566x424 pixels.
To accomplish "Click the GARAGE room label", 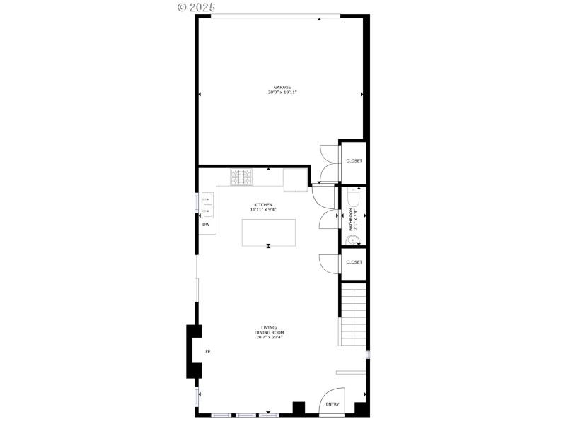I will click(282, 88).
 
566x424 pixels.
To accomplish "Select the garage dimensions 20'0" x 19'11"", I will click(282, 93).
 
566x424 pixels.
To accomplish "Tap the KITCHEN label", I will click(263, 205).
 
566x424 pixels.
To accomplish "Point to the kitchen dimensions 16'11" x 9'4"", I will click(263, 210).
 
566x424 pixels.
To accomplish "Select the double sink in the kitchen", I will click(208, 205).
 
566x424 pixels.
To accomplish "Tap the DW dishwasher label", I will click(206, 225).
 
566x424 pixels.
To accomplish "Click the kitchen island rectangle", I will click(269, 232).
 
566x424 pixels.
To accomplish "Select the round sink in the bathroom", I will click(352, 240).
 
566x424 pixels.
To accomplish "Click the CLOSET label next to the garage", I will click(354, 160).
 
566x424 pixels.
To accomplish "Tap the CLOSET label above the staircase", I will click(354, 262).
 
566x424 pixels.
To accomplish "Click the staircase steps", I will click(354, 314).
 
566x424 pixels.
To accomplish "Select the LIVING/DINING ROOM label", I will click(269, 330).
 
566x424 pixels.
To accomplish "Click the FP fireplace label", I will click(208, 351).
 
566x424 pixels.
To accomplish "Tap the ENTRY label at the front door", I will click(332, 404).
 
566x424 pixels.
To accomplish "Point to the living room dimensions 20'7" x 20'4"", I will click(269, 338).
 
